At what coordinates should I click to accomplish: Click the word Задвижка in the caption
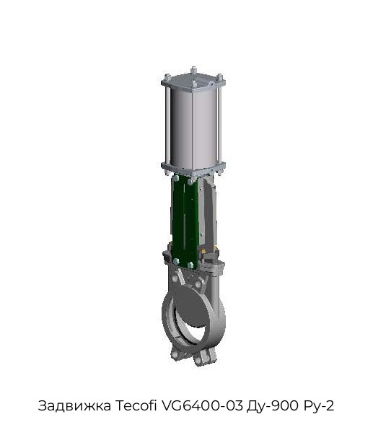point(74,405)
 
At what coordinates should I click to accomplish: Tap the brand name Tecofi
point(136,405)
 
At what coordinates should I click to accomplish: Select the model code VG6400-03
point(201,405)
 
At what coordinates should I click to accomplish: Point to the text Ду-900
point(272,406)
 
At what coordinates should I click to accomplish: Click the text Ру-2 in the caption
point(319,406)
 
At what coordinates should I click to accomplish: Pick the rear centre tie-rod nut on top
point(193,71)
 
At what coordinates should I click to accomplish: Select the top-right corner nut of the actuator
point(219,77)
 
